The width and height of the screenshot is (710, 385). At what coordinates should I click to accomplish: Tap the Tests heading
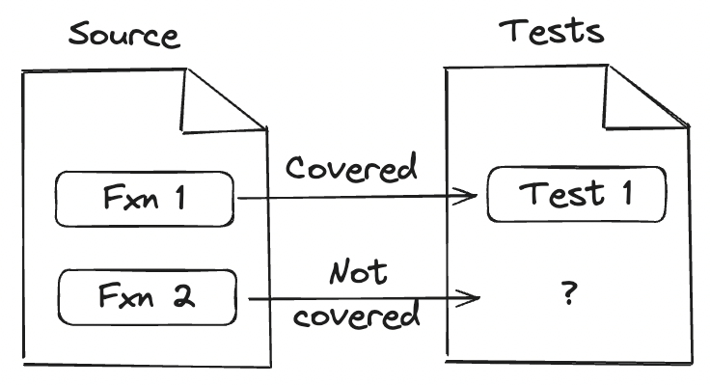tap(552, 31)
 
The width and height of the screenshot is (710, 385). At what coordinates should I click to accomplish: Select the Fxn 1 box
tap(144, 199)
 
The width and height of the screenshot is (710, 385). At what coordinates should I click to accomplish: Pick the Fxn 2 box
tap(147, 297)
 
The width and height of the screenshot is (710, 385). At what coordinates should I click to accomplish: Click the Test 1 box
tap(576, 194)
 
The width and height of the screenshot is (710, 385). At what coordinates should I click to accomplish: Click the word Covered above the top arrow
tap(352, 168)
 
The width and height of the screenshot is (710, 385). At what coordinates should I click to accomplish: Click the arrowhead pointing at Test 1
tap(471, 197)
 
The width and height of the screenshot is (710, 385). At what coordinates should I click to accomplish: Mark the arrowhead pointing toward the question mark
tap(472, 297)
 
